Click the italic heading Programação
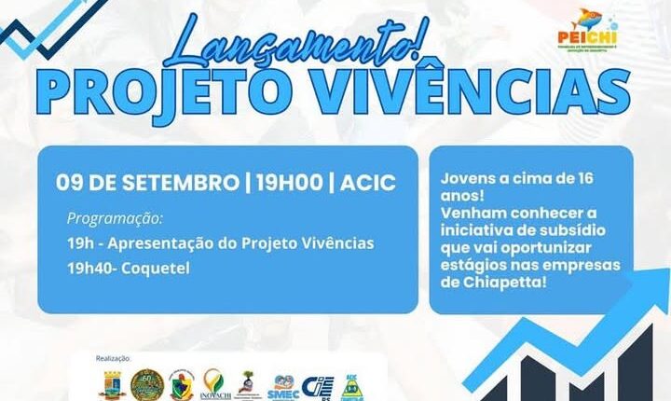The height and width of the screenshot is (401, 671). (115, 219)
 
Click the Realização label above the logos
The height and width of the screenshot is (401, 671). (115, 357)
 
